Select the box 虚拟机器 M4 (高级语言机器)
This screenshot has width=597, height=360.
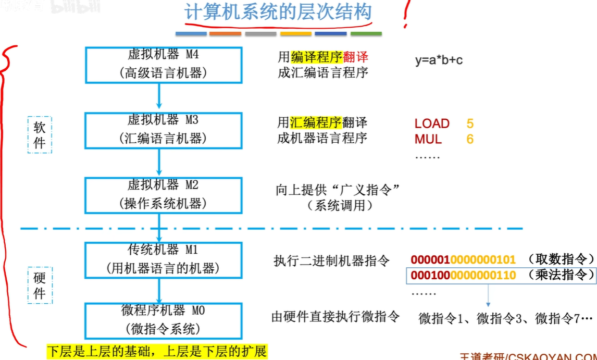pos(164,65)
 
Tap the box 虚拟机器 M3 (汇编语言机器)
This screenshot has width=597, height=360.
pos(164,130)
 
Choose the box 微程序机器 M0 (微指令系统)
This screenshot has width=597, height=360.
pos(164,320)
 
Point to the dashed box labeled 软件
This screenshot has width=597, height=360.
pos(40,135)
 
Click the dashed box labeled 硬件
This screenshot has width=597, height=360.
pos(40,285)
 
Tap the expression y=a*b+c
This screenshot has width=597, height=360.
pos(439,60)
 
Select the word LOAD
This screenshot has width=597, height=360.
pos(432,123)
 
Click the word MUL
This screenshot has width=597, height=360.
pos(428,139)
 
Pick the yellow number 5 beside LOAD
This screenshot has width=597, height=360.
pos(470,123)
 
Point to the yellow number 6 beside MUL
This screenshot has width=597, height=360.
pos(470,139)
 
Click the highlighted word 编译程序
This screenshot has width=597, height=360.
pos(316,57)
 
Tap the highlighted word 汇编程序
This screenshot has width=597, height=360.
pos(315,122)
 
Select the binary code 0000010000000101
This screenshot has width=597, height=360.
pos(463,259)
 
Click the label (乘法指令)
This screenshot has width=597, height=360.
pos(561,275)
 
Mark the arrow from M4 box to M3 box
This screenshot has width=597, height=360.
pos(159,97)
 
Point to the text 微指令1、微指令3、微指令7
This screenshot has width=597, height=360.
pos(505,318)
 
